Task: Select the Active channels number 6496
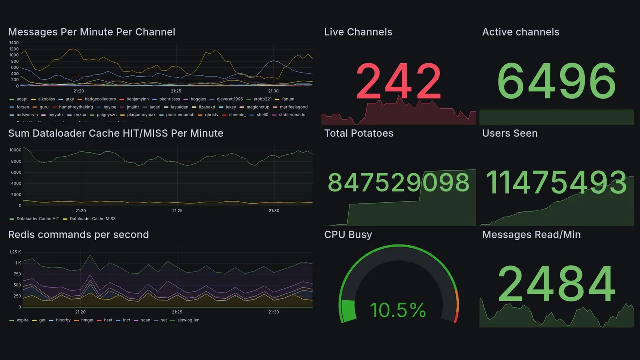coord(557,81)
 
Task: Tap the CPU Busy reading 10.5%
coord(398,310)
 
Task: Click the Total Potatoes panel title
coord(358,133)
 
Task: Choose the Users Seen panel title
coord(510,133)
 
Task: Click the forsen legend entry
coord(22,107)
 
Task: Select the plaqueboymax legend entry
coord(141,115)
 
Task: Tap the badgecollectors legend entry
coord(100,99)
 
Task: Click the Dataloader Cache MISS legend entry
coord(92,219)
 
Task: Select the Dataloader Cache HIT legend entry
coord(37,219)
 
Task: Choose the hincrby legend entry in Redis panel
coord(63,320)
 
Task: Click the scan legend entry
coord(145,320)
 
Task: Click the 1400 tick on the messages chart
coord(14,43)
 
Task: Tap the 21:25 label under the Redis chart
coord(177,312)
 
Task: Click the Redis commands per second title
coord(78,235)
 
